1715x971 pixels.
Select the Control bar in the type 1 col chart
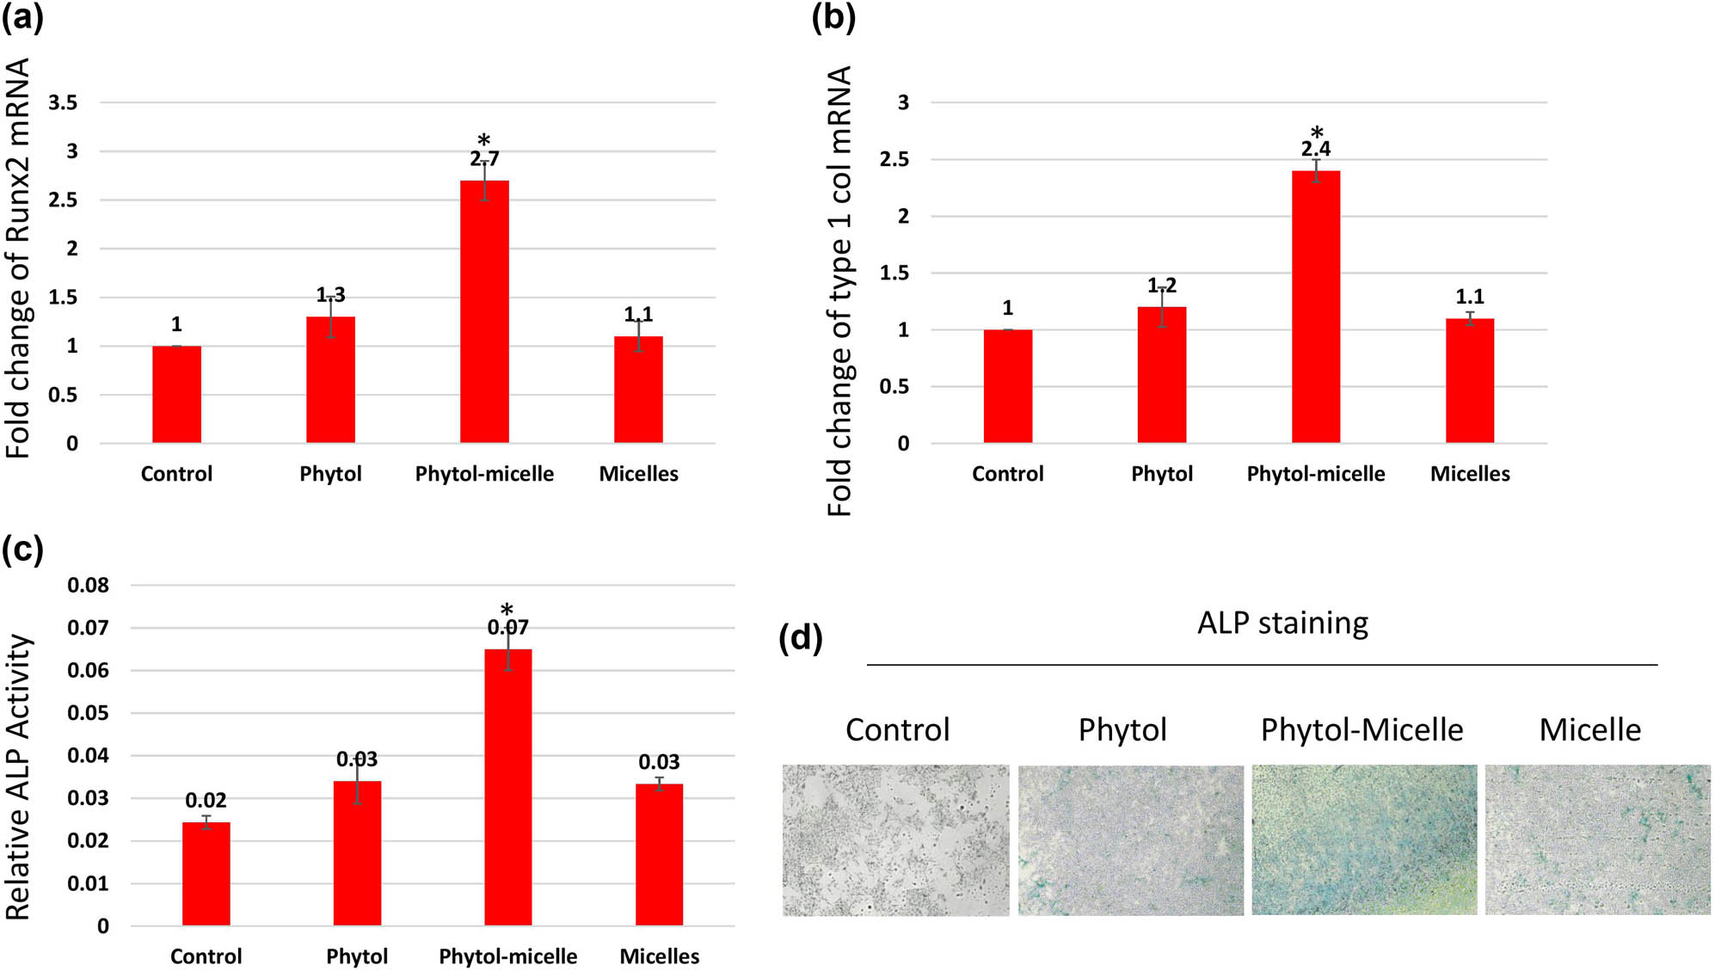coord(1007,386)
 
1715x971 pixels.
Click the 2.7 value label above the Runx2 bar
coord(484,159)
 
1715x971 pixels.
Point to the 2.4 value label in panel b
coord(1315,150)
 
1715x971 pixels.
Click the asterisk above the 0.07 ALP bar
coord(507,610)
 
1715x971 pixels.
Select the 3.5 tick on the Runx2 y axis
coord(63,103)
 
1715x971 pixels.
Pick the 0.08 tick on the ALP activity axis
coord(88,586)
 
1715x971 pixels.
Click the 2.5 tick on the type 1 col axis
coord(894,160)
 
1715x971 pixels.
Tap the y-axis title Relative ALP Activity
coord(19,777)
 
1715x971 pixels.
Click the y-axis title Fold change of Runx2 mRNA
coord(19,258)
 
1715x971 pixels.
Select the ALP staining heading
coord(1282,623)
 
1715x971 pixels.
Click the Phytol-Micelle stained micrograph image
coord(1363,839)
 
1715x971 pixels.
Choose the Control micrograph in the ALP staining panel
coord(895,840)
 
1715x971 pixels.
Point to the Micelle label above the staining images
coord(1589,730)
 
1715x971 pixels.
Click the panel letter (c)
coord(22,550)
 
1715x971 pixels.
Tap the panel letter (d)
coord(800,638)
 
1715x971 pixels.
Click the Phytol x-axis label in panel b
coord(1161,474)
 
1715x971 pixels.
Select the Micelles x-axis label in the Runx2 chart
coord(638,474)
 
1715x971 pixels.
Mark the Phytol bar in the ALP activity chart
coord(357,852)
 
